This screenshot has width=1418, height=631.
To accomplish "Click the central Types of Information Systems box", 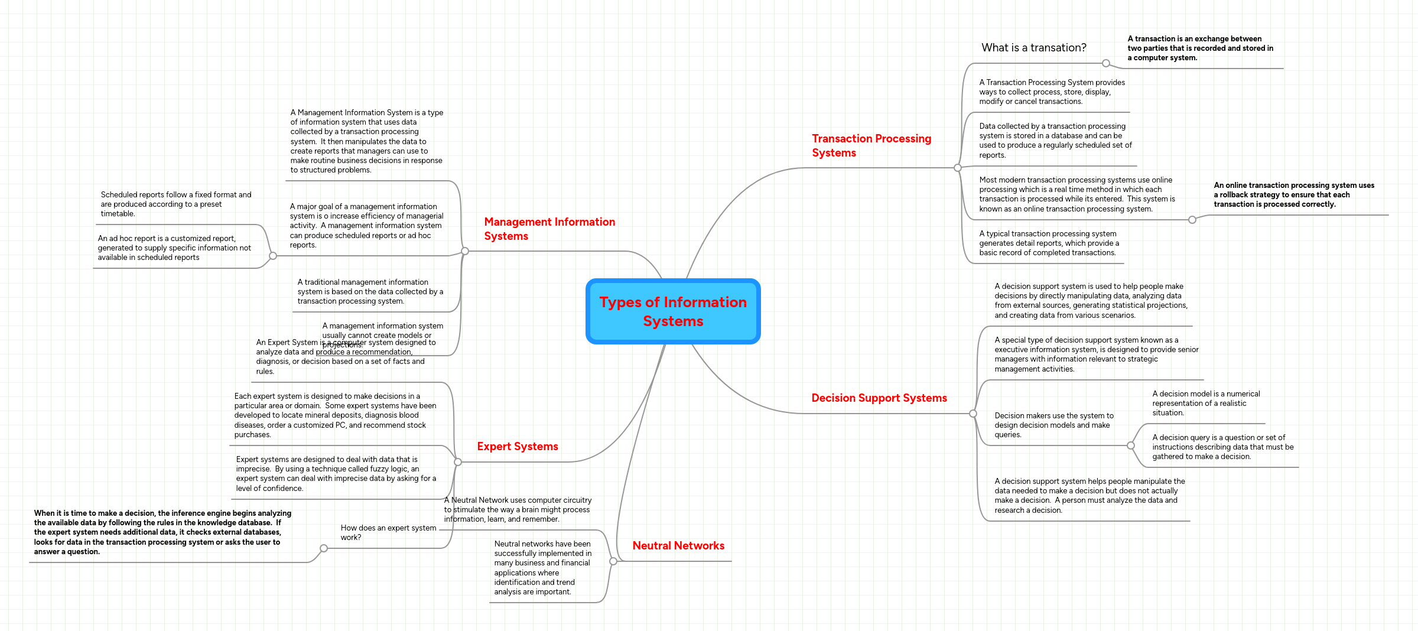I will (x=672, y=311).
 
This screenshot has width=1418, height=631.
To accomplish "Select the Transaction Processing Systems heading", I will (x=871, y=145).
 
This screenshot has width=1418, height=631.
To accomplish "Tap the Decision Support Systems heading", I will (x=879, y=398).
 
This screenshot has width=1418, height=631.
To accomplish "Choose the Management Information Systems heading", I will (x=549, y=229).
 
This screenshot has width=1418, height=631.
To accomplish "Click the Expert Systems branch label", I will (x=517, y=447).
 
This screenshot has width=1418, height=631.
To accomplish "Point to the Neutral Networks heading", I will (x=678, y=546).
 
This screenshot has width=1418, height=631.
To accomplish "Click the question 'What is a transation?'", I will (x=1033, y=48).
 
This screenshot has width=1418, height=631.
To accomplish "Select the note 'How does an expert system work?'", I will (x=388, y=532).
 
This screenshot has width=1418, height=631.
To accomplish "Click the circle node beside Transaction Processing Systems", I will (x=958, y=168).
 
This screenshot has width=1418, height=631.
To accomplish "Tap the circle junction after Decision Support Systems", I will (x=973, y=414).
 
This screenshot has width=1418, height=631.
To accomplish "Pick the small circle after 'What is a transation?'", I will (x=1106, y=63).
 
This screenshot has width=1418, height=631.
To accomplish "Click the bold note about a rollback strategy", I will (x=1293, y=195).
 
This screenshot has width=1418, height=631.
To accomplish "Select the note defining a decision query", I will (x=1222, y=447).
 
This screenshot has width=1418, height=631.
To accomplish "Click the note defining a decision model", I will (x=1205, y=403).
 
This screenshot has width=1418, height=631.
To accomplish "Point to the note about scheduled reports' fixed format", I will (x=175, y=204).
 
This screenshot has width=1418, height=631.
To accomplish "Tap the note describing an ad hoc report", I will (x=174, y=248).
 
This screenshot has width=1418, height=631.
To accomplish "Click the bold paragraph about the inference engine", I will (x=162, y=532).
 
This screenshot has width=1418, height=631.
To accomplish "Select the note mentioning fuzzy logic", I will (x=336, y=473).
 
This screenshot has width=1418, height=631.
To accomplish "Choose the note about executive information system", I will (x=1096, y=354).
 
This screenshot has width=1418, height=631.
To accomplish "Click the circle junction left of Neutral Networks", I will (x=613, y=561).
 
